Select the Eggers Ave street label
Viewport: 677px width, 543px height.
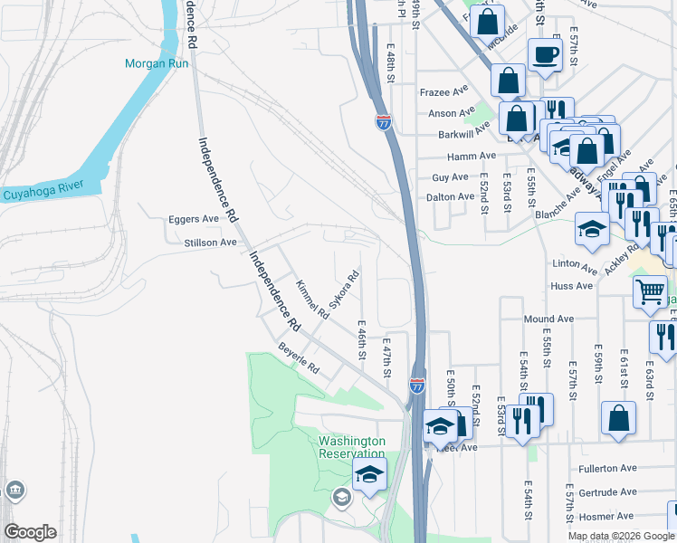tap(194, 219)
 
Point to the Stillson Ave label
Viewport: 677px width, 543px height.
tap(210, 243)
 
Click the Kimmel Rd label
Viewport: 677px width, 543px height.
tap(312, 300)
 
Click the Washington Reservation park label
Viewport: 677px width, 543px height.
tap(352, 447)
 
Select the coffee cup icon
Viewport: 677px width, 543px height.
tap(545, 54)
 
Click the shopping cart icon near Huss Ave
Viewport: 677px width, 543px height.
tap(650, 291)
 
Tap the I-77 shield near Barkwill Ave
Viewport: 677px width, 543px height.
tap(384, 123)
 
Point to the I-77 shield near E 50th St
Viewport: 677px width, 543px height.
tap(417, 386)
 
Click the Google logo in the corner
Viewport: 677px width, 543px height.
tap(30, 532)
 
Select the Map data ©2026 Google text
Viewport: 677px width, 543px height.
tap(621, 536)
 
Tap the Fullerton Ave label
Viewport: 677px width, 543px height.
tap(607, 469)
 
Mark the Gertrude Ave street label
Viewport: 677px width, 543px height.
tap(608, 493)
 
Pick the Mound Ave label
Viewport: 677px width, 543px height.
tap(549, 319)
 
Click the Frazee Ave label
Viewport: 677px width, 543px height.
tap(442, 92)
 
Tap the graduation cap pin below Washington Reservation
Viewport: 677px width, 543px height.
tap(369, 473)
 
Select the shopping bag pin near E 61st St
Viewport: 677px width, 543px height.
tap(618, 417)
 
